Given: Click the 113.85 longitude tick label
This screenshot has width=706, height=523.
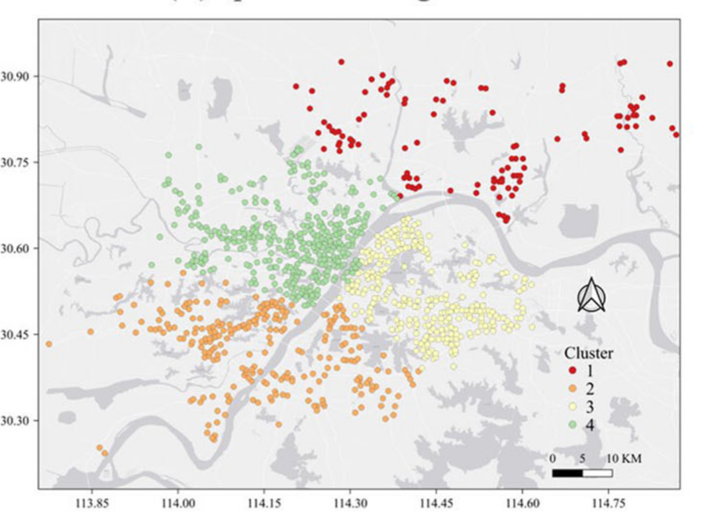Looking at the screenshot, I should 91,504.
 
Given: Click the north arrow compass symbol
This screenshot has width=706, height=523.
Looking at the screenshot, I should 591,297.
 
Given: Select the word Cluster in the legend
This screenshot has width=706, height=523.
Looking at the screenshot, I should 588,353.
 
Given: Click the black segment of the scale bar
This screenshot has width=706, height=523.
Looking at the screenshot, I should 568,473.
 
